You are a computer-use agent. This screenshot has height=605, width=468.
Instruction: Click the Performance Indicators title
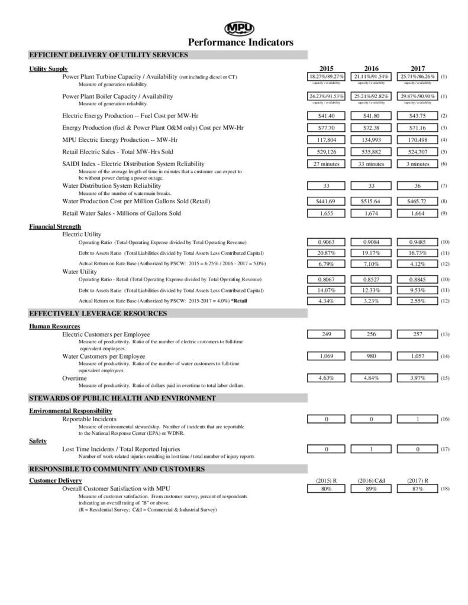coord(240,43)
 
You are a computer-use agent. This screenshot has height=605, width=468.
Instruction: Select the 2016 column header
coord(370,69)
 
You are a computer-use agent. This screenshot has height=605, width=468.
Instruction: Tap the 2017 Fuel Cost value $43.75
coord(417,115)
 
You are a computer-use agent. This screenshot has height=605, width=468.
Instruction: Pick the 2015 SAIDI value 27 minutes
coord(327,164)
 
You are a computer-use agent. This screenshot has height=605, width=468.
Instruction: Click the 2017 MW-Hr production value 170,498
coord(417,139)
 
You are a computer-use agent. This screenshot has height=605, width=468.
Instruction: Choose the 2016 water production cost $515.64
coord(370,201)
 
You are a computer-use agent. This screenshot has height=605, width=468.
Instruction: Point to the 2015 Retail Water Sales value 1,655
coord(327,213)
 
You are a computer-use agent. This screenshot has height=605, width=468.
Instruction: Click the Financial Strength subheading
coord(55,226)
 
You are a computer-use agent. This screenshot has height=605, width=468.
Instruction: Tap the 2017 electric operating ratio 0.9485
coord(417,242)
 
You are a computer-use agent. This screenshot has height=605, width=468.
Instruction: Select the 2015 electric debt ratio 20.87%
coord(327,253)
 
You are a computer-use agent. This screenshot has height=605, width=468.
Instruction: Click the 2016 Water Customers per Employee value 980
coord(370,356)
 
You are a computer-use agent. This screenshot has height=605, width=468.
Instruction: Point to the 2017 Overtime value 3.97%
coord(417,378)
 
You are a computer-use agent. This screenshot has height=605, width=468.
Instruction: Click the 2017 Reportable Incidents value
coord(417,419)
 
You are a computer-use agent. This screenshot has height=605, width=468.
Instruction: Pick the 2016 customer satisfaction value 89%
coord(370,489)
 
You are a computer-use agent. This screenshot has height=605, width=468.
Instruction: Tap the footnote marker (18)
coord(446,489)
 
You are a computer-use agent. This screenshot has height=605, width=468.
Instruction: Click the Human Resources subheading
coord(54,326)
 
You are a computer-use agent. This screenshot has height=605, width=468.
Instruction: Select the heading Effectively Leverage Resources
coord(98,313)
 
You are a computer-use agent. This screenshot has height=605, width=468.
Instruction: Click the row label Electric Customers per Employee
coord(106,334)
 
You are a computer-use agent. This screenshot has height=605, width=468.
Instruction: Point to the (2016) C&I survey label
coord(372,481)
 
